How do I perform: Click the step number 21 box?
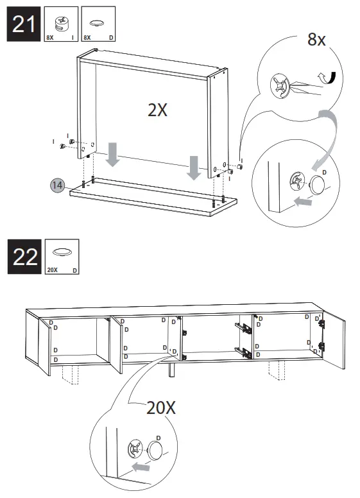point(24,25)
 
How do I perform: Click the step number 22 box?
point(24,257)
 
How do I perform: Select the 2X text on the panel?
point(157,110)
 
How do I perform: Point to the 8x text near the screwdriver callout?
point(316,40)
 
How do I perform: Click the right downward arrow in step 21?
point(193,167)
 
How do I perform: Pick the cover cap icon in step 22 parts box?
point(62,252)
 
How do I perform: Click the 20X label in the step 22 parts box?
point(52,270)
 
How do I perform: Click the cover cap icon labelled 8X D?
point(98,22)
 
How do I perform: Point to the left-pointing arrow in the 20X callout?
point(141,466)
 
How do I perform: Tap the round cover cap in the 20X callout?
point(156,451)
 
